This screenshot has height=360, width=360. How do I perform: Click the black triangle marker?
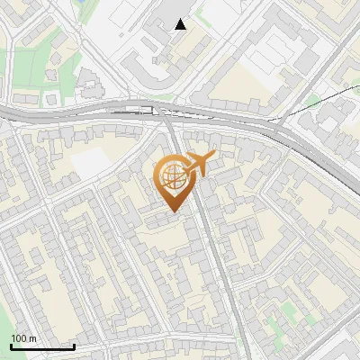tap(181, 24)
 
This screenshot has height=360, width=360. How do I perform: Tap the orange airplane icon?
tap(201, 162)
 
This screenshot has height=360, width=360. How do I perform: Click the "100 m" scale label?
tap(23, 338)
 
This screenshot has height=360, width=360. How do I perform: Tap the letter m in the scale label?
tap(32, 338)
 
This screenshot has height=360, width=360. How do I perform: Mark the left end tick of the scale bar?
tap(10, 345)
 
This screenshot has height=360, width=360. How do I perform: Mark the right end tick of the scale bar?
tap(74, 345)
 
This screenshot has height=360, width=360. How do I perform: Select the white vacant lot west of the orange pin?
tap(89, 162)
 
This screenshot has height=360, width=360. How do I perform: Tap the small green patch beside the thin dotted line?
tap(312, 100)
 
